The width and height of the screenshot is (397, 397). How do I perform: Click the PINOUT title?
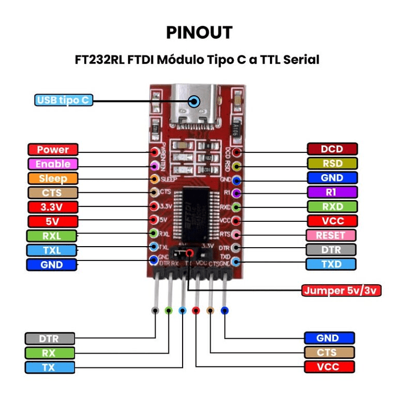click(x=198, y=32)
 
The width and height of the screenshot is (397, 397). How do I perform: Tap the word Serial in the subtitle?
click(x=301, y=59)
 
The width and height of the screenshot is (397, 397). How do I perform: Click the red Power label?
click(x=53, y=150)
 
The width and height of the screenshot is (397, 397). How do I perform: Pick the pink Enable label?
click(x=53, y=164)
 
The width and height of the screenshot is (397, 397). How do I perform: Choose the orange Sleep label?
click(x=53, y=178)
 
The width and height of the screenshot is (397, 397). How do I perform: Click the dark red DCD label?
click(x=332, y=149)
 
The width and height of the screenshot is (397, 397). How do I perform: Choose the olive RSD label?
click(x=332, y=164)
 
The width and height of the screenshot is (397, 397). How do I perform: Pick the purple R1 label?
click(x=332, y=192)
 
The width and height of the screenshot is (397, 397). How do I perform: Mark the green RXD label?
click(x=332, y=206)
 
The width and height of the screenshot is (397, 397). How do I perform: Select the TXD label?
click(x=332, y=264)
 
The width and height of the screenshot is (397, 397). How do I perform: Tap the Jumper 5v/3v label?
click(x=341, y=291)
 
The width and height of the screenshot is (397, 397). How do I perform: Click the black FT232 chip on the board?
click(x=195, y=214)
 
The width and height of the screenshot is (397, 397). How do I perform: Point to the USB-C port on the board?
click(x=194, y=106)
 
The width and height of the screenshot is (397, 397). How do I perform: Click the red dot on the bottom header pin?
click(x=196, y=311)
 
